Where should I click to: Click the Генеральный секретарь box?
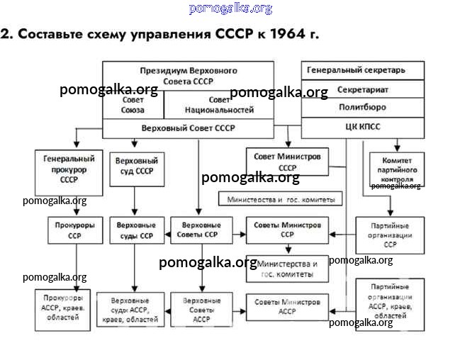[x=364, y=71]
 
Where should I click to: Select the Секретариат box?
[x=364, y=90]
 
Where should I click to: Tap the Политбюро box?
[x=364, y=108]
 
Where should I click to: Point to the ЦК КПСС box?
[x=364, y=128]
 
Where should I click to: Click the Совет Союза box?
[x=133, y=105]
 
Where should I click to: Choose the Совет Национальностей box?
[x=219, y=105]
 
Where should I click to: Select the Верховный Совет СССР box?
[x=189, y=128]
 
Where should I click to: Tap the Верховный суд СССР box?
[x=135, y=166]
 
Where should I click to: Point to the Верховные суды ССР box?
[x=135, y=230]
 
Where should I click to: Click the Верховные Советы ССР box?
[x=201, y=230]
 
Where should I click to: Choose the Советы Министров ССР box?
[x=287, y=230]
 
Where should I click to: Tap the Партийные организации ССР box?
[x=390, y=235]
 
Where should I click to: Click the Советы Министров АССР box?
[x=287, y=306]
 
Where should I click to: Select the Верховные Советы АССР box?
[x=201, y=310]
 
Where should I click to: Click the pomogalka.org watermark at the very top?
[x=230, y=9]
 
